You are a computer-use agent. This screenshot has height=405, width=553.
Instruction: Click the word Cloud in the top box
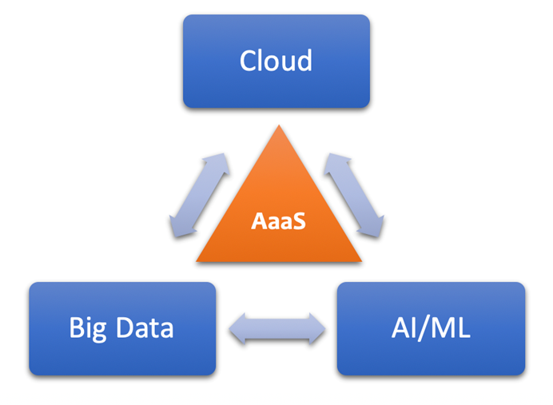coord(276,62)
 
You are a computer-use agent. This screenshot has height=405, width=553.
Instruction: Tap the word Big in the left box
coord(87,328)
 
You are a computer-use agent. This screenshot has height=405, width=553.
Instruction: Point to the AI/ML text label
coord(431,328)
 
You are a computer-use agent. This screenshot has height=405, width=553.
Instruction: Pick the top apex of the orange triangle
coord(278,126)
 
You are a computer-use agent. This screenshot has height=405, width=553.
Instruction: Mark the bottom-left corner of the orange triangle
coord(197,261)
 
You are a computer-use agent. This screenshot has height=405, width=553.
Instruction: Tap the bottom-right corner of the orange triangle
coord(361,261)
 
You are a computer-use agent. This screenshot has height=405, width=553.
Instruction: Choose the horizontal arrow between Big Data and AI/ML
coord(277,328)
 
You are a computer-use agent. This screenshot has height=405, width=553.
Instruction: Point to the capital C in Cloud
coord(249,62)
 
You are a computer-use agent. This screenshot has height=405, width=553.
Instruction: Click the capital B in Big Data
coord(76,328)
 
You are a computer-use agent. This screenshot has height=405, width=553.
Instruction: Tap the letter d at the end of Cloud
coord(304,61)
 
